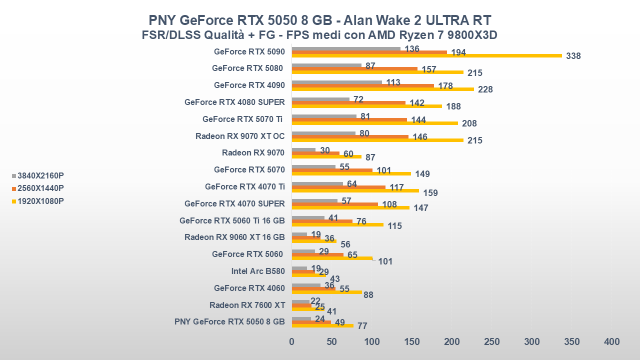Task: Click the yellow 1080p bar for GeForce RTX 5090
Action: tap(426, 55)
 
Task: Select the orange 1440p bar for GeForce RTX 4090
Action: tap(362, 85)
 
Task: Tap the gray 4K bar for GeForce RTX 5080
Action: tap(326, 65)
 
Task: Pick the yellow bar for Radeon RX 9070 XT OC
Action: tap(377, 140)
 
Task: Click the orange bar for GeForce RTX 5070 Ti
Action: tap(349, 119)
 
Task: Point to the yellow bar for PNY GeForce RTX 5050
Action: tap(322, 325)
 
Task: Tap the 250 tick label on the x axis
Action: tap(492, 341)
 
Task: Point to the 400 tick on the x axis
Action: tap(612, 341)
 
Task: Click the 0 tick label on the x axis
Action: tap(292, 341)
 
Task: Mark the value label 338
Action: tap(573, 56)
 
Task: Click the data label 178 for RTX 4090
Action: tap(445, 86)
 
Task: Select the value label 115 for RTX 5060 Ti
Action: tap(394, 226)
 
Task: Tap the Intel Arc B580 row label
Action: tap(258, 271)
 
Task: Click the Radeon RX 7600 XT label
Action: tap(247, 305)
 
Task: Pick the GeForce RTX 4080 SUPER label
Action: tap(234, 102)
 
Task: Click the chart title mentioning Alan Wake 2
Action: tap(320, 20)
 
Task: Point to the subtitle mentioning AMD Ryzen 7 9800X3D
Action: tap(320, 35)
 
